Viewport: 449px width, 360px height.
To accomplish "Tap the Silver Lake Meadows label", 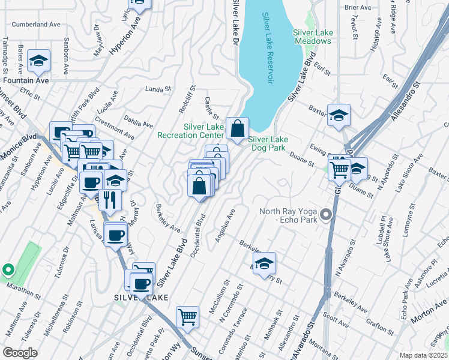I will [312, 37].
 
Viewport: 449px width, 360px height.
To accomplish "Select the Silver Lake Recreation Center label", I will [190, 131].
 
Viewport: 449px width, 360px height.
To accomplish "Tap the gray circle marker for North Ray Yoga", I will [327, 214].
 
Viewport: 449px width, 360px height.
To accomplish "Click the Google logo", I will [20, 353].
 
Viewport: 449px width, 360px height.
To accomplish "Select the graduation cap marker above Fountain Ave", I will [38, 61].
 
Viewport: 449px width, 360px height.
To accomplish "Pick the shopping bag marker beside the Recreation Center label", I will [237, 128].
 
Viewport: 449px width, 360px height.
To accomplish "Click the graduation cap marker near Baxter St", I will [339, 115].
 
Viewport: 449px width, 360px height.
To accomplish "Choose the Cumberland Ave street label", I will [37, 25].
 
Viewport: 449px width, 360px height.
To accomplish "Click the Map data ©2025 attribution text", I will [423, 355].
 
